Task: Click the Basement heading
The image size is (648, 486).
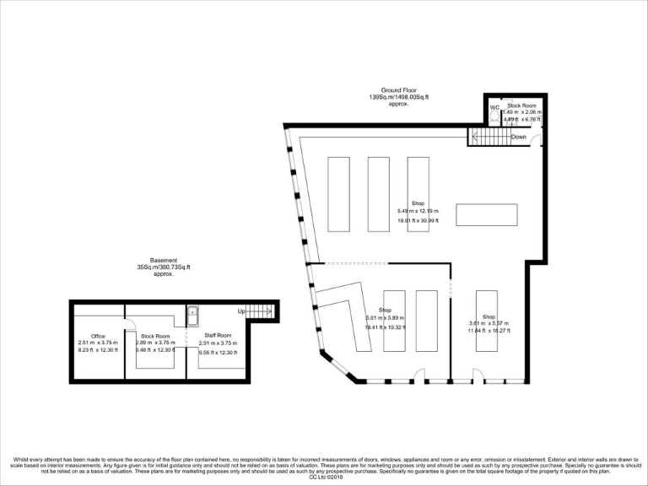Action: [165, 261]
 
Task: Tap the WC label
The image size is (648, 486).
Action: [494, 107]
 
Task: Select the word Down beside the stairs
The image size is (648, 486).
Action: [519, 137]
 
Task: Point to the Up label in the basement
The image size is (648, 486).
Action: [241, 311]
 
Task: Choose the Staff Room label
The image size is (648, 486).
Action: [218, 335]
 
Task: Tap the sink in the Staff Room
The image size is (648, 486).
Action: [192, 314]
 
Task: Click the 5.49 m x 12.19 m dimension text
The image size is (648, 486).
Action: [417, 211]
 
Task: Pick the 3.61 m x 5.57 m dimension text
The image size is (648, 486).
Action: [489, 324]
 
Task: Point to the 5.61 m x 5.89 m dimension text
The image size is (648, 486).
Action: [386, 317]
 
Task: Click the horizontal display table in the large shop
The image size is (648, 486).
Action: [487, 215]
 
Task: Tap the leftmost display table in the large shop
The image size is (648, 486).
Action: [337, 193]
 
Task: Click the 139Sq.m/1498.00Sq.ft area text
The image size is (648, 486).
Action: [399, 97]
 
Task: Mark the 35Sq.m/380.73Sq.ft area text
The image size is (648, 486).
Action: [165, 267]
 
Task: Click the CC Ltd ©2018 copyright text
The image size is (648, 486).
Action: [324, 477]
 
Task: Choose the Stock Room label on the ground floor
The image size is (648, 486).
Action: [521, 105]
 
